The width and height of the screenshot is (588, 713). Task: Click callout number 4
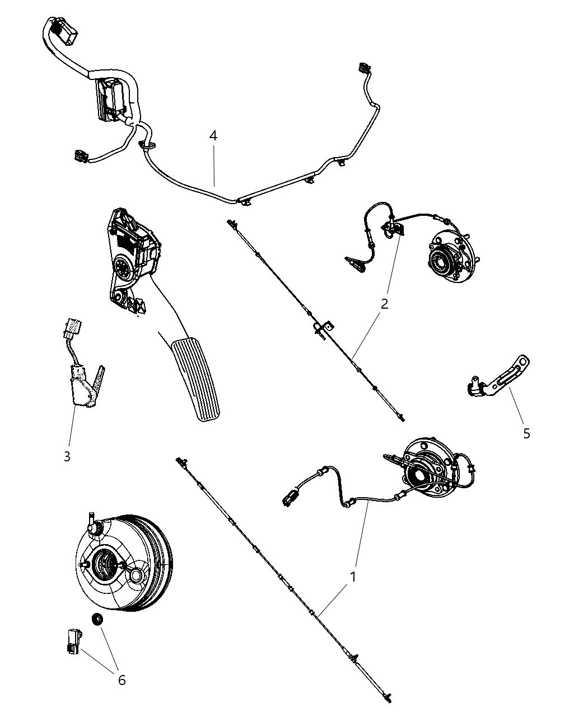[213, 136]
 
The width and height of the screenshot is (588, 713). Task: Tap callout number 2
[385, 304]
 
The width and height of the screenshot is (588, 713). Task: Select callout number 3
[67, 456]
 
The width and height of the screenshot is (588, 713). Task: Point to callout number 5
[527, 434]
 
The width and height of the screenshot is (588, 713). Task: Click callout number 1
[353, 577]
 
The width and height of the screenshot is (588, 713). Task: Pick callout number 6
[122, 680]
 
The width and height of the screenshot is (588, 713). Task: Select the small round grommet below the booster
[97, 619]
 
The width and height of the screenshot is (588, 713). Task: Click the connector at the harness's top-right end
[363, 68]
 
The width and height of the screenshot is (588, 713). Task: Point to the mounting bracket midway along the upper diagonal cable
[323, 328]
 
